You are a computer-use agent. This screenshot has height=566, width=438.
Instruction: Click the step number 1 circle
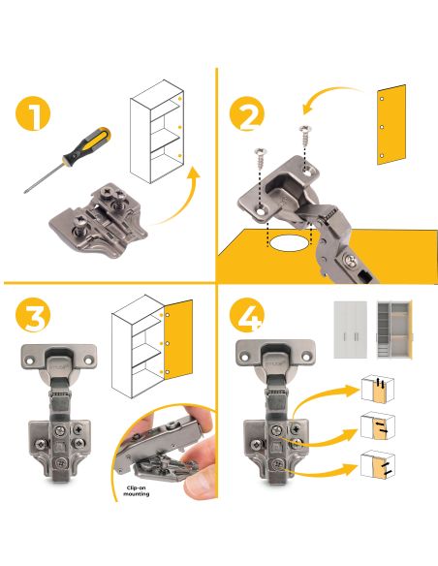(x=33, y=113)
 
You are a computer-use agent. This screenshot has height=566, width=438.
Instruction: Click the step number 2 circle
(x=247, y=113)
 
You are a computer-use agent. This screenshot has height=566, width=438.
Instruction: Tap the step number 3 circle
(x=33, y=315)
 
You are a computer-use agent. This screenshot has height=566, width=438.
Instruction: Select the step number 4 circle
(x=247, y=315)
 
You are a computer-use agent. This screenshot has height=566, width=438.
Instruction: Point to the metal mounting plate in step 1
(x=99, y=221)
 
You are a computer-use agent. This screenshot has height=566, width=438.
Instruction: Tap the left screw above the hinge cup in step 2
(x=260, y=158)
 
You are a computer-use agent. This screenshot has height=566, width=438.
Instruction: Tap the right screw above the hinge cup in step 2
(x=306, y=136)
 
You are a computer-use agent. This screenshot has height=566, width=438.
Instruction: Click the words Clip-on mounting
(x=136, y=490)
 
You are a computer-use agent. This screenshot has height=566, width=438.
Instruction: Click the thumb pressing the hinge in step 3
(x=200, y=483)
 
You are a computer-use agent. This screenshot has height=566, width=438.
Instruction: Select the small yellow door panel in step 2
(x=391, y=125)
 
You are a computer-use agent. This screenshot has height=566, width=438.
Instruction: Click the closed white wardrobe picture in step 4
(x=350, y=330)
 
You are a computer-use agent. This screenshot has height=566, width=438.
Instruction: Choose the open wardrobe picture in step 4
(x=394, y=330)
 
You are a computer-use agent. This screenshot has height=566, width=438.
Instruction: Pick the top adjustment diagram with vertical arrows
(x=377, y=389)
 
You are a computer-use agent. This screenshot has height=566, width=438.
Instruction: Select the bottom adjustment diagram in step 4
(x=377, y=464)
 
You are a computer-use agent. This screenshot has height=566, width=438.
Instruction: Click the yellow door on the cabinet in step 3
(x=178, y=339)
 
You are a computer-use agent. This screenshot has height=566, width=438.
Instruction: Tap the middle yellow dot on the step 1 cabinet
(x=179, y=127)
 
